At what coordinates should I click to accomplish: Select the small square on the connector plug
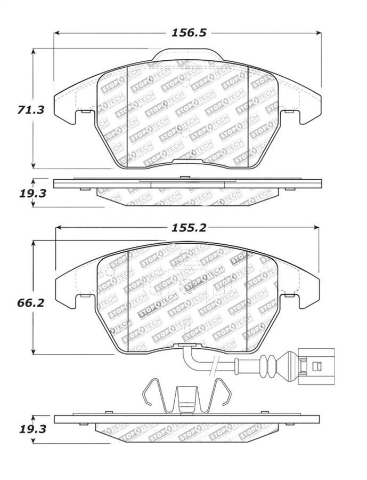pyautogui.click(x=318, y=366)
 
